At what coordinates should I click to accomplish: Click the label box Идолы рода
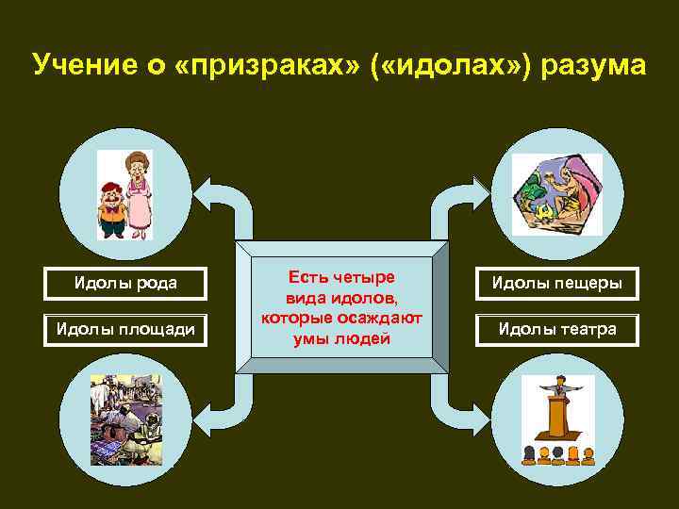[126, 283]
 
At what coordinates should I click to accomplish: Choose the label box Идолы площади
[126, 329]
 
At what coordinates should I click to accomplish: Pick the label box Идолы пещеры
[556, 283]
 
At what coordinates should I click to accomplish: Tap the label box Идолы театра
[556, 329]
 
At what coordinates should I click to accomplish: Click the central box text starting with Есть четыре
[341, 307]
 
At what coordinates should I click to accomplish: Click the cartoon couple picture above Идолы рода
[125, 194]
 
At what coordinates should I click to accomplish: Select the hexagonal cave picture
[556, 194]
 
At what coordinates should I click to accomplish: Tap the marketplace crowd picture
[125, 419]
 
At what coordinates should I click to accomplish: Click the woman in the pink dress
[140, 194]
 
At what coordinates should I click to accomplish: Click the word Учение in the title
[81, 66]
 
